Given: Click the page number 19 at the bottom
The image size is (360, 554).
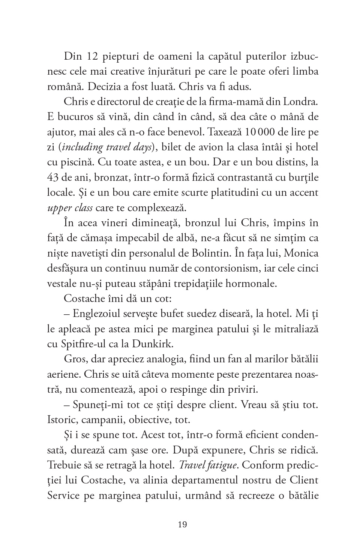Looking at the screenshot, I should [182, 524].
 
